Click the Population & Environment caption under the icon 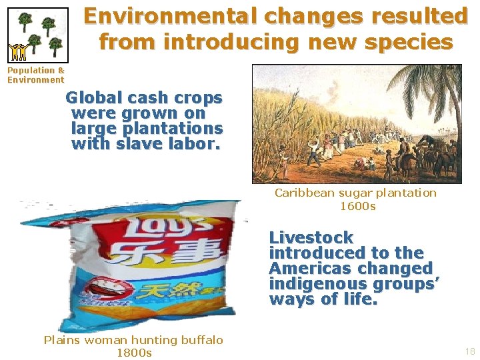[36, 75]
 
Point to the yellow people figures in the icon [18, 51]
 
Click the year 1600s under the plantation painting [357, 206]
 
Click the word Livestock [311, 237]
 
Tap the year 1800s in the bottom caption [133, 353]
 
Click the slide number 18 [469, 351]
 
